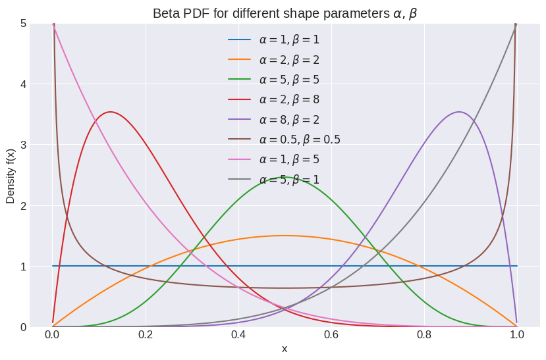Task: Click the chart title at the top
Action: pos(285,13)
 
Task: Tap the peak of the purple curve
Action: pos(459,112)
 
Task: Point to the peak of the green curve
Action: pos(285,177)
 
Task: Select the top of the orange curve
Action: pos(285,236)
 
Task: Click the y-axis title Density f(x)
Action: pos(11,175)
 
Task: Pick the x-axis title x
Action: pos(285,349)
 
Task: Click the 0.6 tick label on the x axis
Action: pos(331,334)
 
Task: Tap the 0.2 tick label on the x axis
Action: pos(145,334)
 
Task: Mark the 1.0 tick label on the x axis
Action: pos(517,334)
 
